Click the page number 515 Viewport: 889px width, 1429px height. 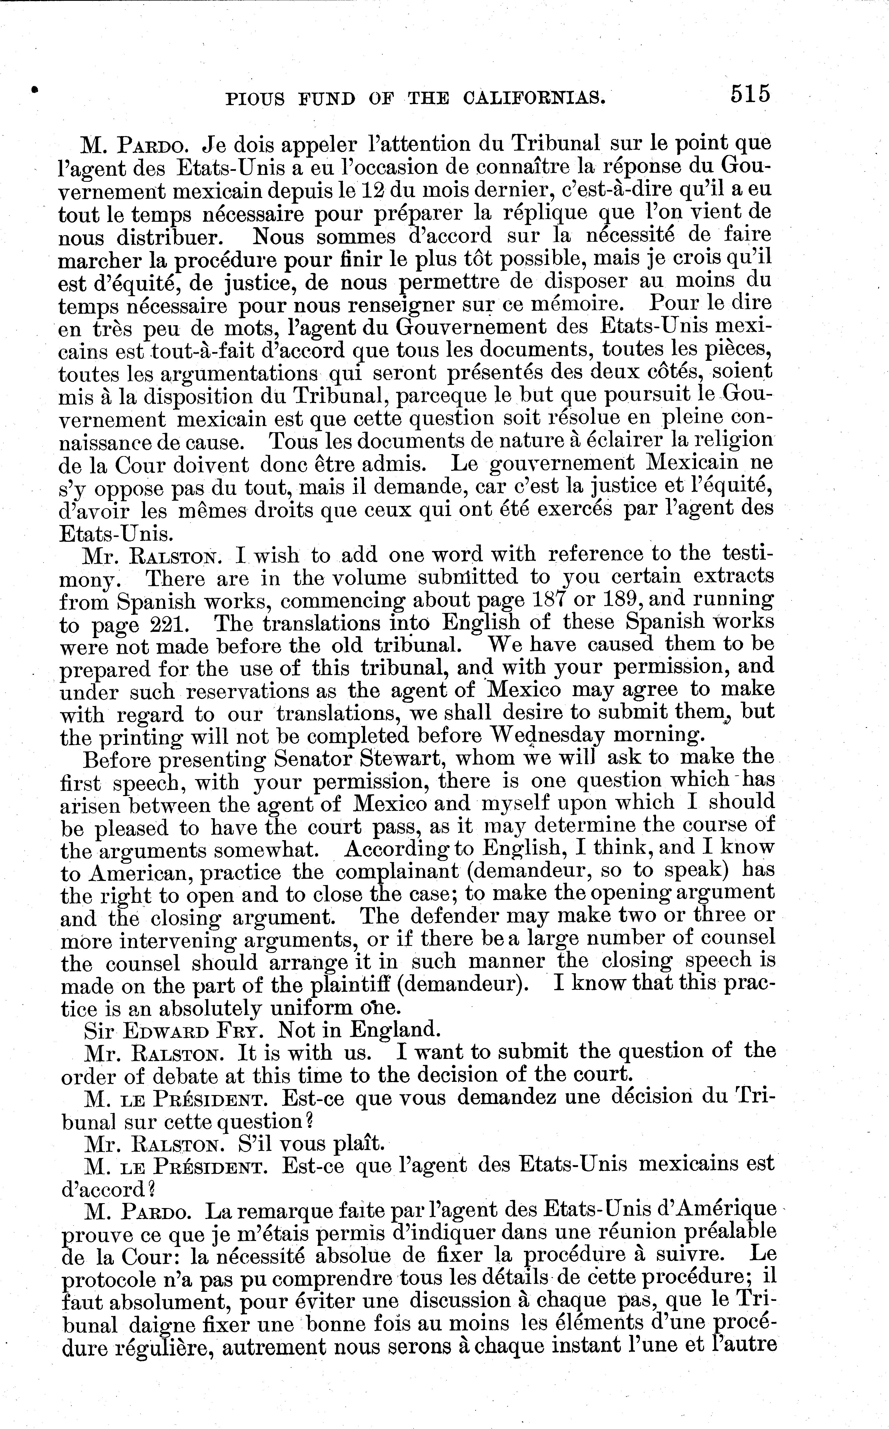(750, 94)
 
